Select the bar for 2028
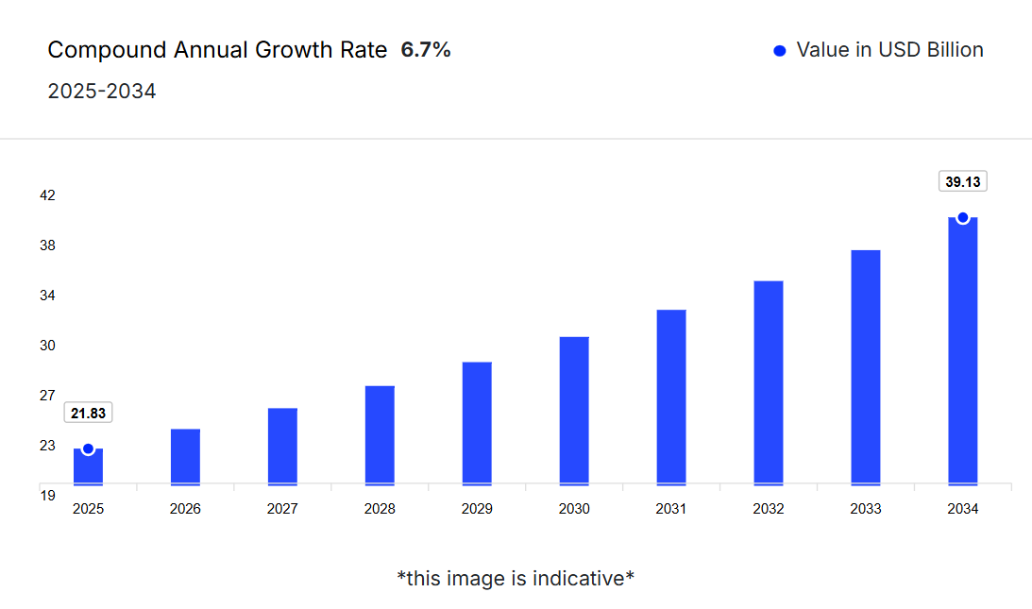(380, 435)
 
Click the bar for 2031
(671, 398)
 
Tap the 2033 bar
(866, 367)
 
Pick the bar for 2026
(185, 457)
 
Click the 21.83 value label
(88, 413)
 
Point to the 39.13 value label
(962, 181)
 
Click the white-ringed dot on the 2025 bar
(88, 449)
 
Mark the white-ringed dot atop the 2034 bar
(963, 218)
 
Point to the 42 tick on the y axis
(47, 195)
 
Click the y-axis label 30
(47, 346)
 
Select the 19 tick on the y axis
(47, 495)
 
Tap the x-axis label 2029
(477, 509)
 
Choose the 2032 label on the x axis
(769, 509)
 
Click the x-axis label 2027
(282, 509)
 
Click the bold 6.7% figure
(426, 50)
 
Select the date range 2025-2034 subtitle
(102, 92)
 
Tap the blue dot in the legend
(780, 51)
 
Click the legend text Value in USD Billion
(889, 50)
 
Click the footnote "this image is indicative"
(516, 578)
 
